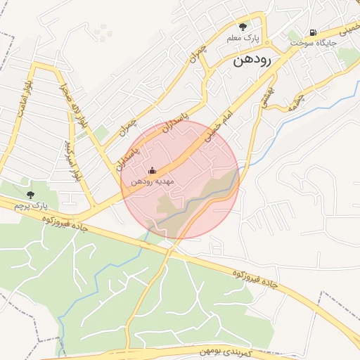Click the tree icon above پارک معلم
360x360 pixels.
pyautogui.click(x=243, y=26)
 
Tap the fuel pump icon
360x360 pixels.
pyautogui.click(x=313, y=32)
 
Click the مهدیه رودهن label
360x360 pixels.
pyautogui.click(x=151, y=182)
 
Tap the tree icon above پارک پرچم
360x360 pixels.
pyautogui.click(x=30, y=194)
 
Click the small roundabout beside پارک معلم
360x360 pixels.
pyautogui.click(x=205, y=72)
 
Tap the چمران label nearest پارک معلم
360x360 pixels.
pyautogui.click(x=198, y=56)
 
